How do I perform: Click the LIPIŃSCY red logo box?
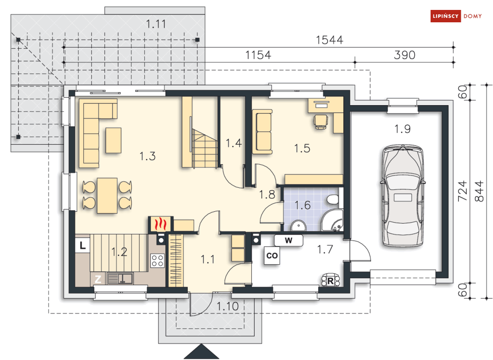pos(445,16)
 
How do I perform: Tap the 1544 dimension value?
pos(329,40)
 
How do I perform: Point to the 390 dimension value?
pos(404,55)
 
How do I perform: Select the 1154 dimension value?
pos(258,55)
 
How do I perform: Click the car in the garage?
pos(402,195)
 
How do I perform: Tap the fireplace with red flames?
pos(161,224)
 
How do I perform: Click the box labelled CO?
pos(272,255)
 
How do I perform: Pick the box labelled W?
pos(289,240)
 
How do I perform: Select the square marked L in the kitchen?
pos(83,245)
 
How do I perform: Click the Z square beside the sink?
pos(98,279)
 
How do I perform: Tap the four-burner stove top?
pos(157,260)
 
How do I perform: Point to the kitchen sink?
pos(120,279)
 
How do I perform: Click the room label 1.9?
pos(402,129)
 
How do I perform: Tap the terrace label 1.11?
pos(156,24)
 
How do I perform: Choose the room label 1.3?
pos(148,156)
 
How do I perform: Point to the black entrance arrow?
pos(201,352)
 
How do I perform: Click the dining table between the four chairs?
pos(107,195)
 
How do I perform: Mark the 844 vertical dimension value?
pos(479,191)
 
